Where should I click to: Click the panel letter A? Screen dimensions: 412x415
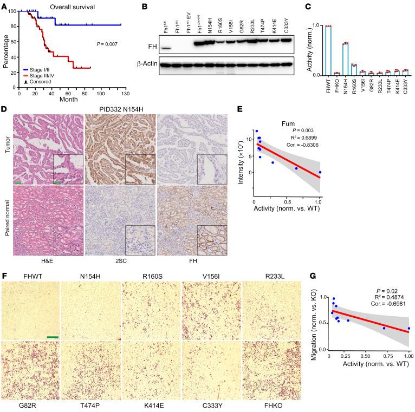tap(4, 5)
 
